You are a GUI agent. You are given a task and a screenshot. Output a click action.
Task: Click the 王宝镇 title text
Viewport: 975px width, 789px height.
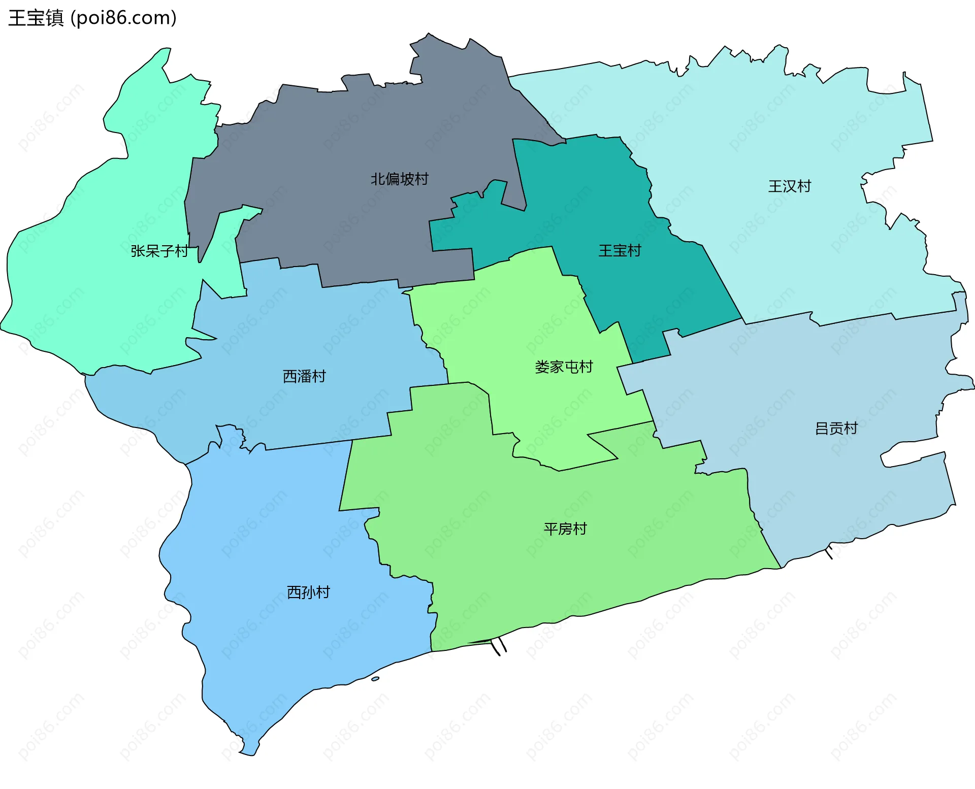tap(36, 18)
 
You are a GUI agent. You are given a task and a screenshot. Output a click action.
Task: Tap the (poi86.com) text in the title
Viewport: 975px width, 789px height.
tap(123, 18)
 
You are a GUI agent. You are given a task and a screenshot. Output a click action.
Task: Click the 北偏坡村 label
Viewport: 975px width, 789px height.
tap(399, 179)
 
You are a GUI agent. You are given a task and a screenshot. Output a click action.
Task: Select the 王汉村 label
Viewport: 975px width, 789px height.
tap(790, 186)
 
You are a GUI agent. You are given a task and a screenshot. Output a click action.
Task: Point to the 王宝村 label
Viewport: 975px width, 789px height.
tap(620, 251)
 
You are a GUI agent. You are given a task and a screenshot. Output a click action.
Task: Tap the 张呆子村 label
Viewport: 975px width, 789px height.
tap(159, 251)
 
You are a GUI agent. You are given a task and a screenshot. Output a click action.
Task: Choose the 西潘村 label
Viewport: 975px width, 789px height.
tap(304, 376)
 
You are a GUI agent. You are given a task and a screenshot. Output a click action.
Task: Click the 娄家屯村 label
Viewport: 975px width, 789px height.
tap(564, 367)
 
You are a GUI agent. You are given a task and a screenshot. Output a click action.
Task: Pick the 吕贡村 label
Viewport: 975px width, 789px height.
tap(836, 429)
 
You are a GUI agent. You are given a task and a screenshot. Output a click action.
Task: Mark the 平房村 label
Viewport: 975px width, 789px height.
tap(565, 529)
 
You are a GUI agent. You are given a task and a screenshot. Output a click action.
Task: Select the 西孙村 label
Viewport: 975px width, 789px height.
tap(308, 593)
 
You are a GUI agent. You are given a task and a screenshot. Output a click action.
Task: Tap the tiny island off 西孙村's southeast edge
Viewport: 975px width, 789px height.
tap(375, 679)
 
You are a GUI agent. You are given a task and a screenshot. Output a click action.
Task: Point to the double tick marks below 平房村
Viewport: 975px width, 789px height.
tap(499, 646)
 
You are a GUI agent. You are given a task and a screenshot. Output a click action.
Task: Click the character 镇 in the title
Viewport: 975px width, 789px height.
tap(54, 18)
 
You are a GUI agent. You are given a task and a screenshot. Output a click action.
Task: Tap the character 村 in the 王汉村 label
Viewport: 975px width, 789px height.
tap(804, 186)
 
